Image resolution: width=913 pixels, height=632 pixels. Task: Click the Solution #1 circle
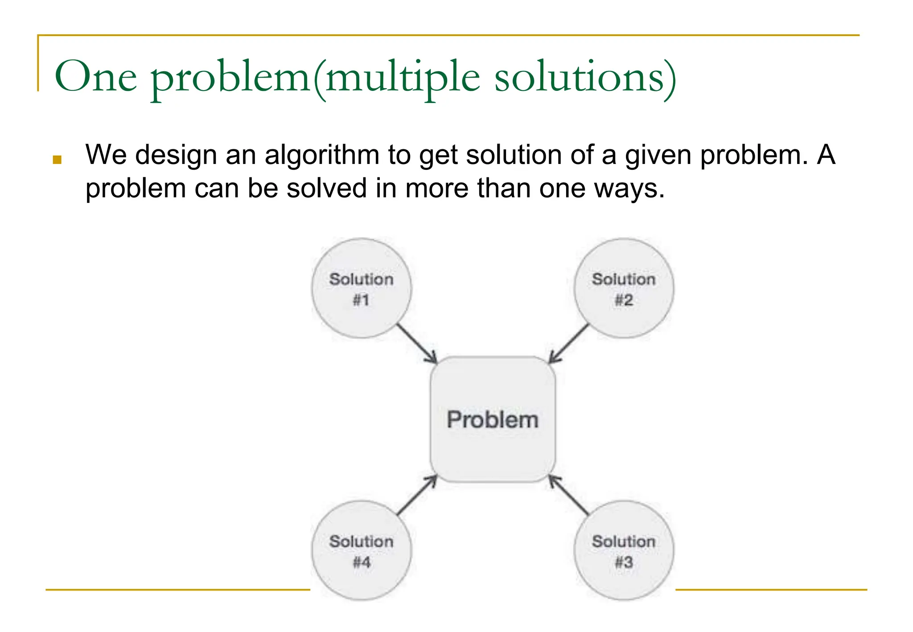point(361,288)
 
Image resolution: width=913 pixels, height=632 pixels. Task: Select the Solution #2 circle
point(624,288)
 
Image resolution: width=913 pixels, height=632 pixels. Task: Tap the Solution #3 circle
point(624,550)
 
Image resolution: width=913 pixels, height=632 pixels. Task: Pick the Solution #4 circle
point(361,550)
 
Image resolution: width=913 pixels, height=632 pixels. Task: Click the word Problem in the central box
point(493,420)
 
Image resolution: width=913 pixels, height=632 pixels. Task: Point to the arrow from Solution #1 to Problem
point(416,343)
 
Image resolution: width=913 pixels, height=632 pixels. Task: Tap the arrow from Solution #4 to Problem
point(416,496)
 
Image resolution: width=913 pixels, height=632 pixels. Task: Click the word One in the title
point(95,77)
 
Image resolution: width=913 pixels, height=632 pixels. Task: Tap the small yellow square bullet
point(57,160)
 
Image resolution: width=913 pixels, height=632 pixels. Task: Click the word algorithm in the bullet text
point(322,155)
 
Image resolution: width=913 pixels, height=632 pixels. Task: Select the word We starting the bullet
point(106,155)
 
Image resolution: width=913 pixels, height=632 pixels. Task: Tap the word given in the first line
point(658,155)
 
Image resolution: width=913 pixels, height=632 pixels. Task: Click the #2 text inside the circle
point(624,300)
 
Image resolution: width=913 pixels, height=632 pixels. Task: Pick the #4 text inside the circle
point(362,562)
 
